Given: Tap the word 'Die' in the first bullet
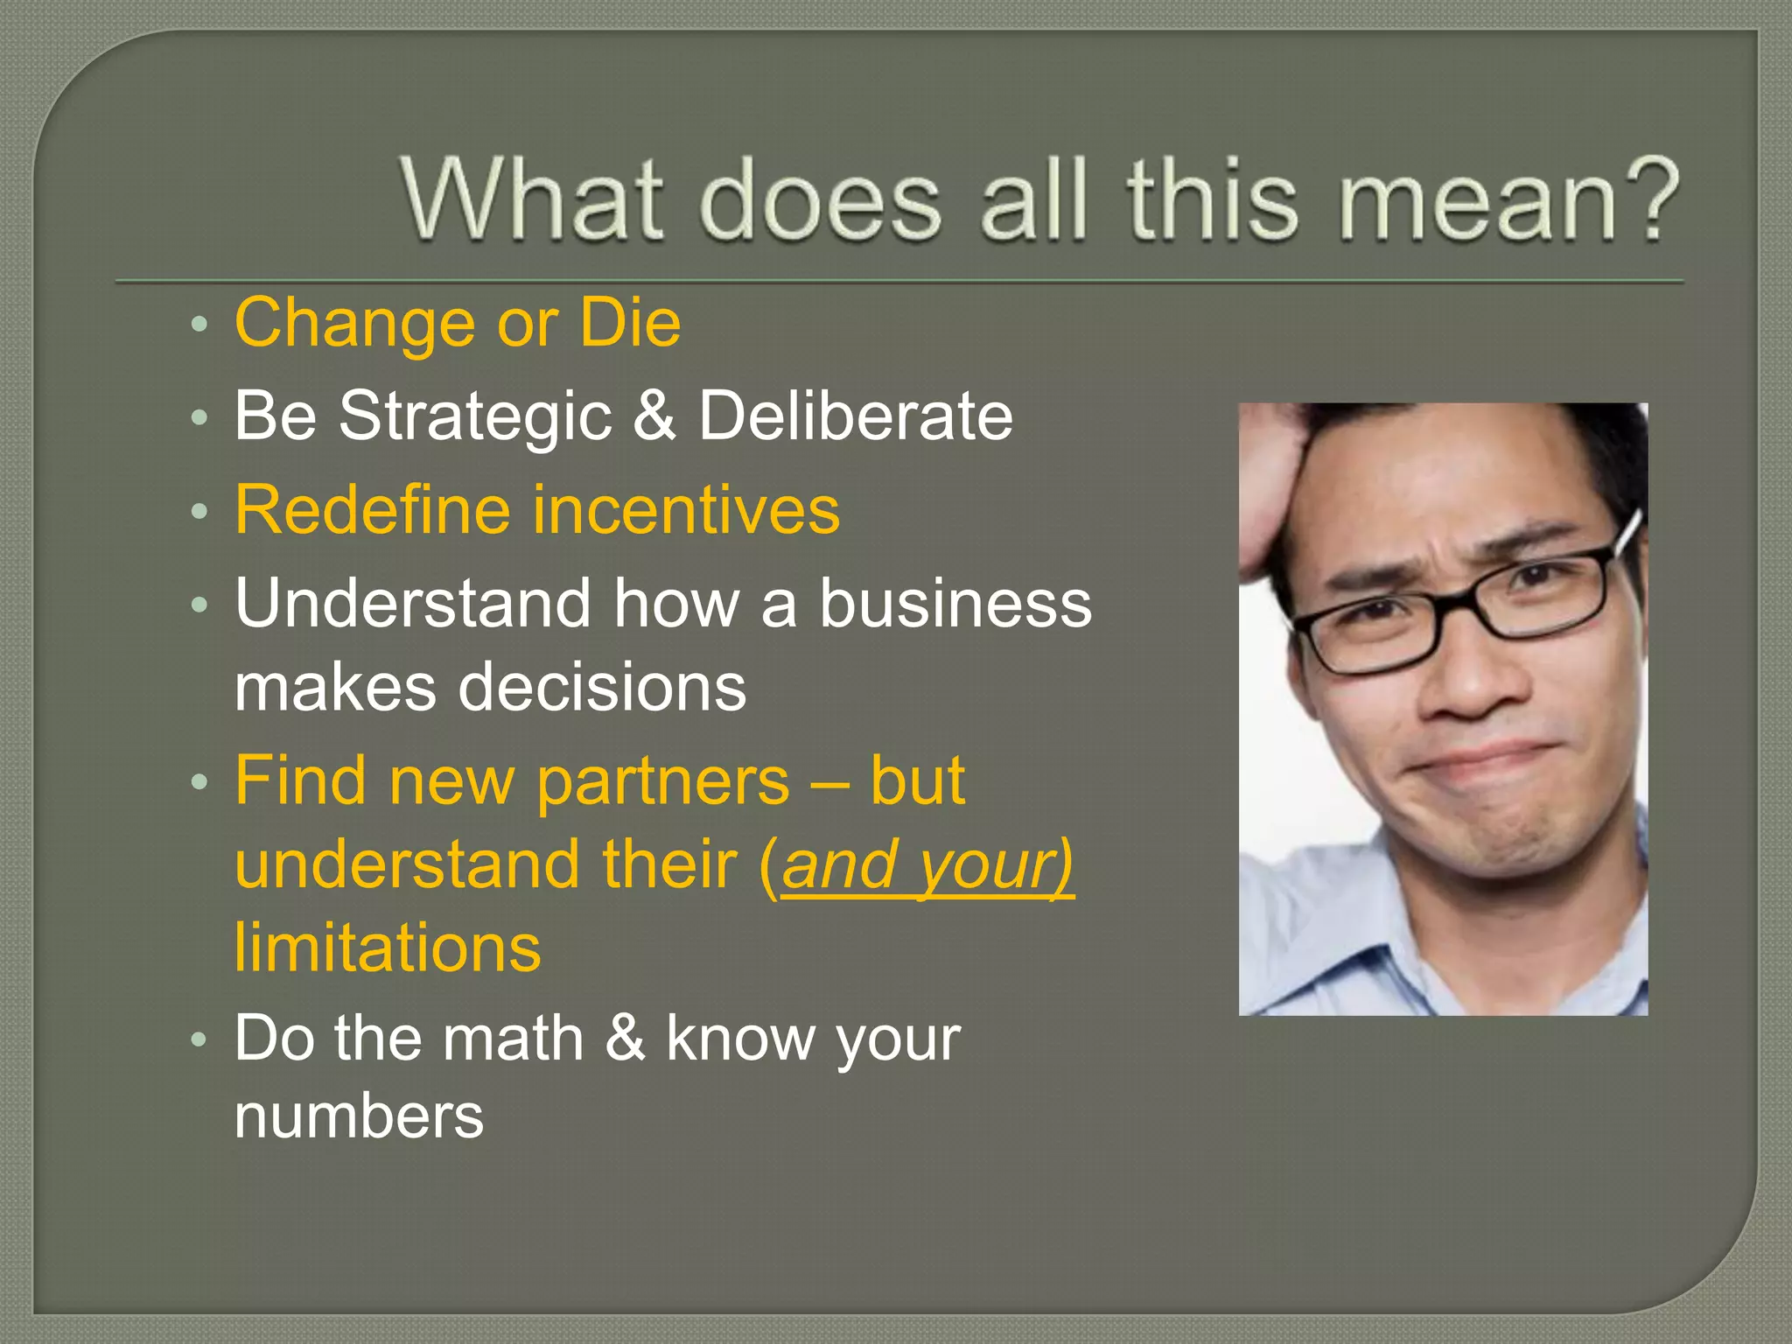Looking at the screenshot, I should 630,323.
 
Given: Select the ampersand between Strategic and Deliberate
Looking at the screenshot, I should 654,415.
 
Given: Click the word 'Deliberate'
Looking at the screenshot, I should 855,415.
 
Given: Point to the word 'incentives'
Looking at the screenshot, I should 687,509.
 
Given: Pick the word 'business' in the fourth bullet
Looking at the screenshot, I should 955,604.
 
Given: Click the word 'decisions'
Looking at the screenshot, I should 602,688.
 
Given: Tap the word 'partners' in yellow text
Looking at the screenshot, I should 662,780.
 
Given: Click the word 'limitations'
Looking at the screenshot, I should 388,948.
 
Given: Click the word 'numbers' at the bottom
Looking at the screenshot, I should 359,1117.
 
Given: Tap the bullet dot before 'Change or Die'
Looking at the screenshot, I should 199,325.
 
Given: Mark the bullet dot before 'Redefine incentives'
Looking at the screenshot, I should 199,511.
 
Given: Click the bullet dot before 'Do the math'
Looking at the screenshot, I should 199,1040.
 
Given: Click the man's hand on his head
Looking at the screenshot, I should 1269,490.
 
